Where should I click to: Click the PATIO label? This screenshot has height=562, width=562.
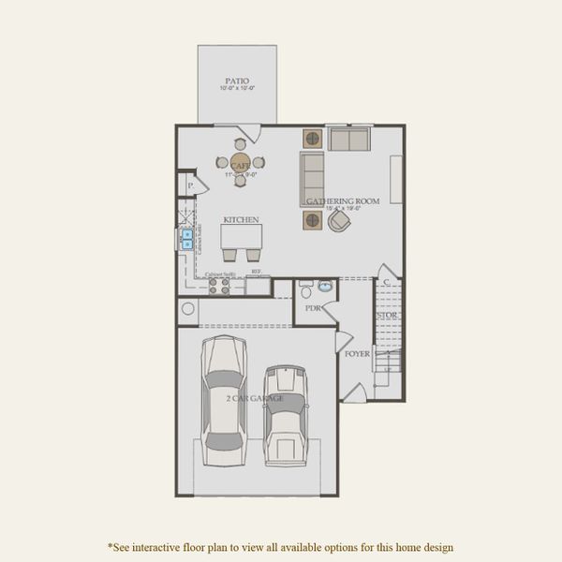pos(237,81)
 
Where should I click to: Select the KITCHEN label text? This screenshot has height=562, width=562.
pos(241,219)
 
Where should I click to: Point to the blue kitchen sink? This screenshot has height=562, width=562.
pos(187,238)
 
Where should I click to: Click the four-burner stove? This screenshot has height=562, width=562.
pos(218,285)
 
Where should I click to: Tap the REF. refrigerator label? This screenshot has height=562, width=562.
pos(256,273)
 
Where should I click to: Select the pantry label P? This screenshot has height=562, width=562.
pos(190,186)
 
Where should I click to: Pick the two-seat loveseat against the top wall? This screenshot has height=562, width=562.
pos(348,140)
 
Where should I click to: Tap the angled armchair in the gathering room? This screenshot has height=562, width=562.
pos(339,220)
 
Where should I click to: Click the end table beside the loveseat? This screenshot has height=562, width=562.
pos(312,139)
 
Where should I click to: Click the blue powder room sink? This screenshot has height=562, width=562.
pos(325,287)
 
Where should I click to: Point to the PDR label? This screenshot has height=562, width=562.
pos(312,307)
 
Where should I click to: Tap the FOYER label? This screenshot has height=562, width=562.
pos(357,354)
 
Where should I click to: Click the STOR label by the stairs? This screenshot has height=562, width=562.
pos(387,316)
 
